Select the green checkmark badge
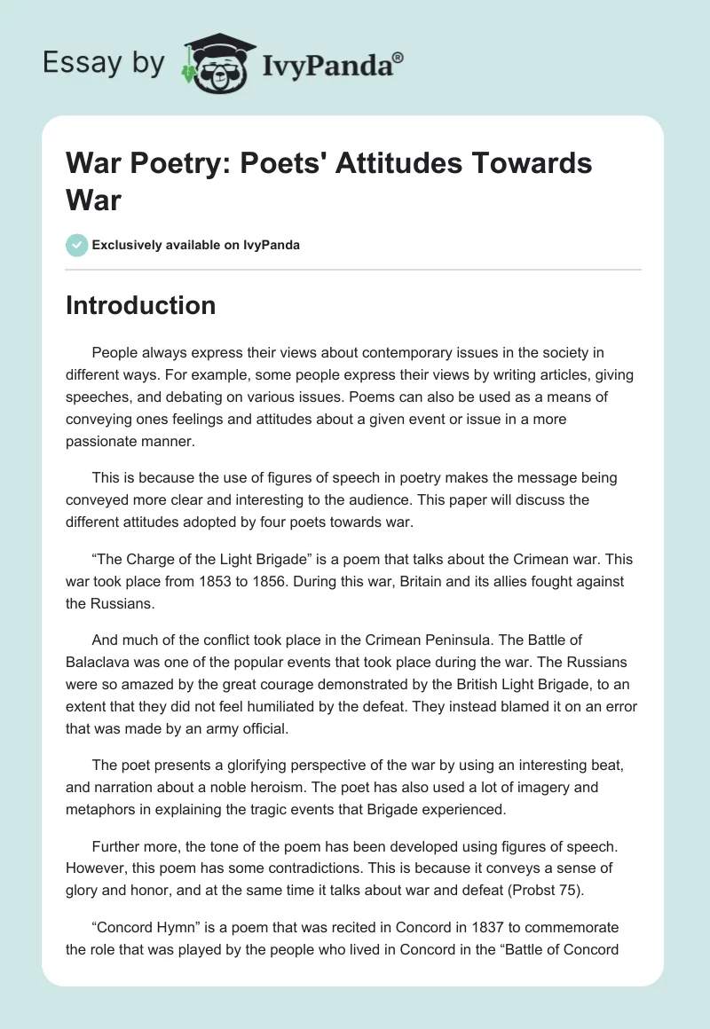(x=77, y=245)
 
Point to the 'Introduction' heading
(x=141, y=305)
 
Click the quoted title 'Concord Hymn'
(x=143, y=927)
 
